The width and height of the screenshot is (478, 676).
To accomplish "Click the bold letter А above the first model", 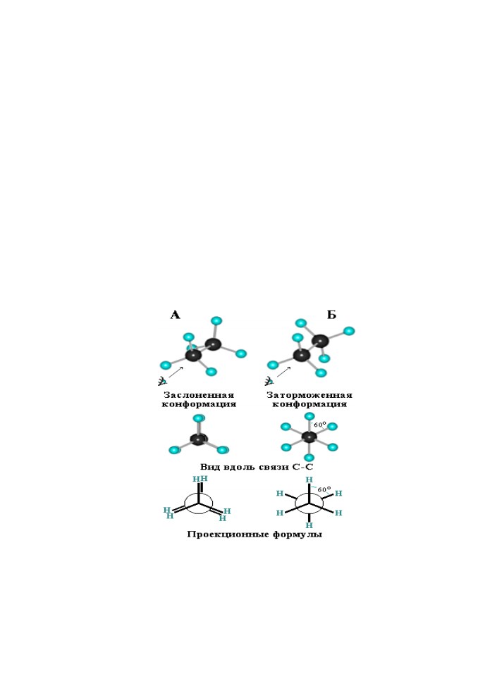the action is click(175, 315).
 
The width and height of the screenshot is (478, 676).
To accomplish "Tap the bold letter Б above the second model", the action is click(331, 315).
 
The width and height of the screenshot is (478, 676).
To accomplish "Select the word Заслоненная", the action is click(199, 395).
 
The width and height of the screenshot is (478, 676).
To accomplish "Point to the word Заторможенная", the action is click(310, 395).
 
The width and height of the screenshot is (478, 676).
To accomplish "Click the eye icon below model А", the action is click(162, 381).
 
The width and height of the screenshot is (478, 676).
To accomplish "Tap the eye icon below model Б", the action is click(269, 381).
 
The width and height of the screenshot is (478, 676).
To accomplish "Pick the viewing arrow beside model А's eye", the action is click(176, 372).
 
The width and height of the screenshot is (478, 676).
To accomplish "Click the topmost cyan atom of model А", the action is click(216, 321).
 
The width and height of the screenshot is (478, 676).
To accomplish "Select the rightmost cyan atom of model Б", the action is click(349, 331).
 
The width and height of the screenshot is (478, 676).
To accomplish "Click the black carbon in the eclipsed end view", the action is click(199, 439).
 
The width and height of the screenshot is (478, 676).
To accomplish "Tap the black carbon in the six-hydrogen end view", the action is click(309, 437).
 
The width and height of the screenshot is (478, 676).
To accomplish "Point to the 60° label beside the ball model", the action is click(320, 424).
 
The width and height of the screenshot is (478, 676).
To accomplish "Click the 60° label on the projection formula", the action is click(324, 490).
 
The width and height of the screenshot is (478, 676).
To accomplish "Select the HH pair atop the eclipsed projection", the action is click(200, 479).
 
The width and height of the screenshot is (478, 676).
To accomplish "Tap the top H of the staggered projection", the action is click(310, 480).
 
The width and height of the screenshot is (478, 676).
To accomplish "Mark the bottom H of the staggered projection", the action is click(310, 525).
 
